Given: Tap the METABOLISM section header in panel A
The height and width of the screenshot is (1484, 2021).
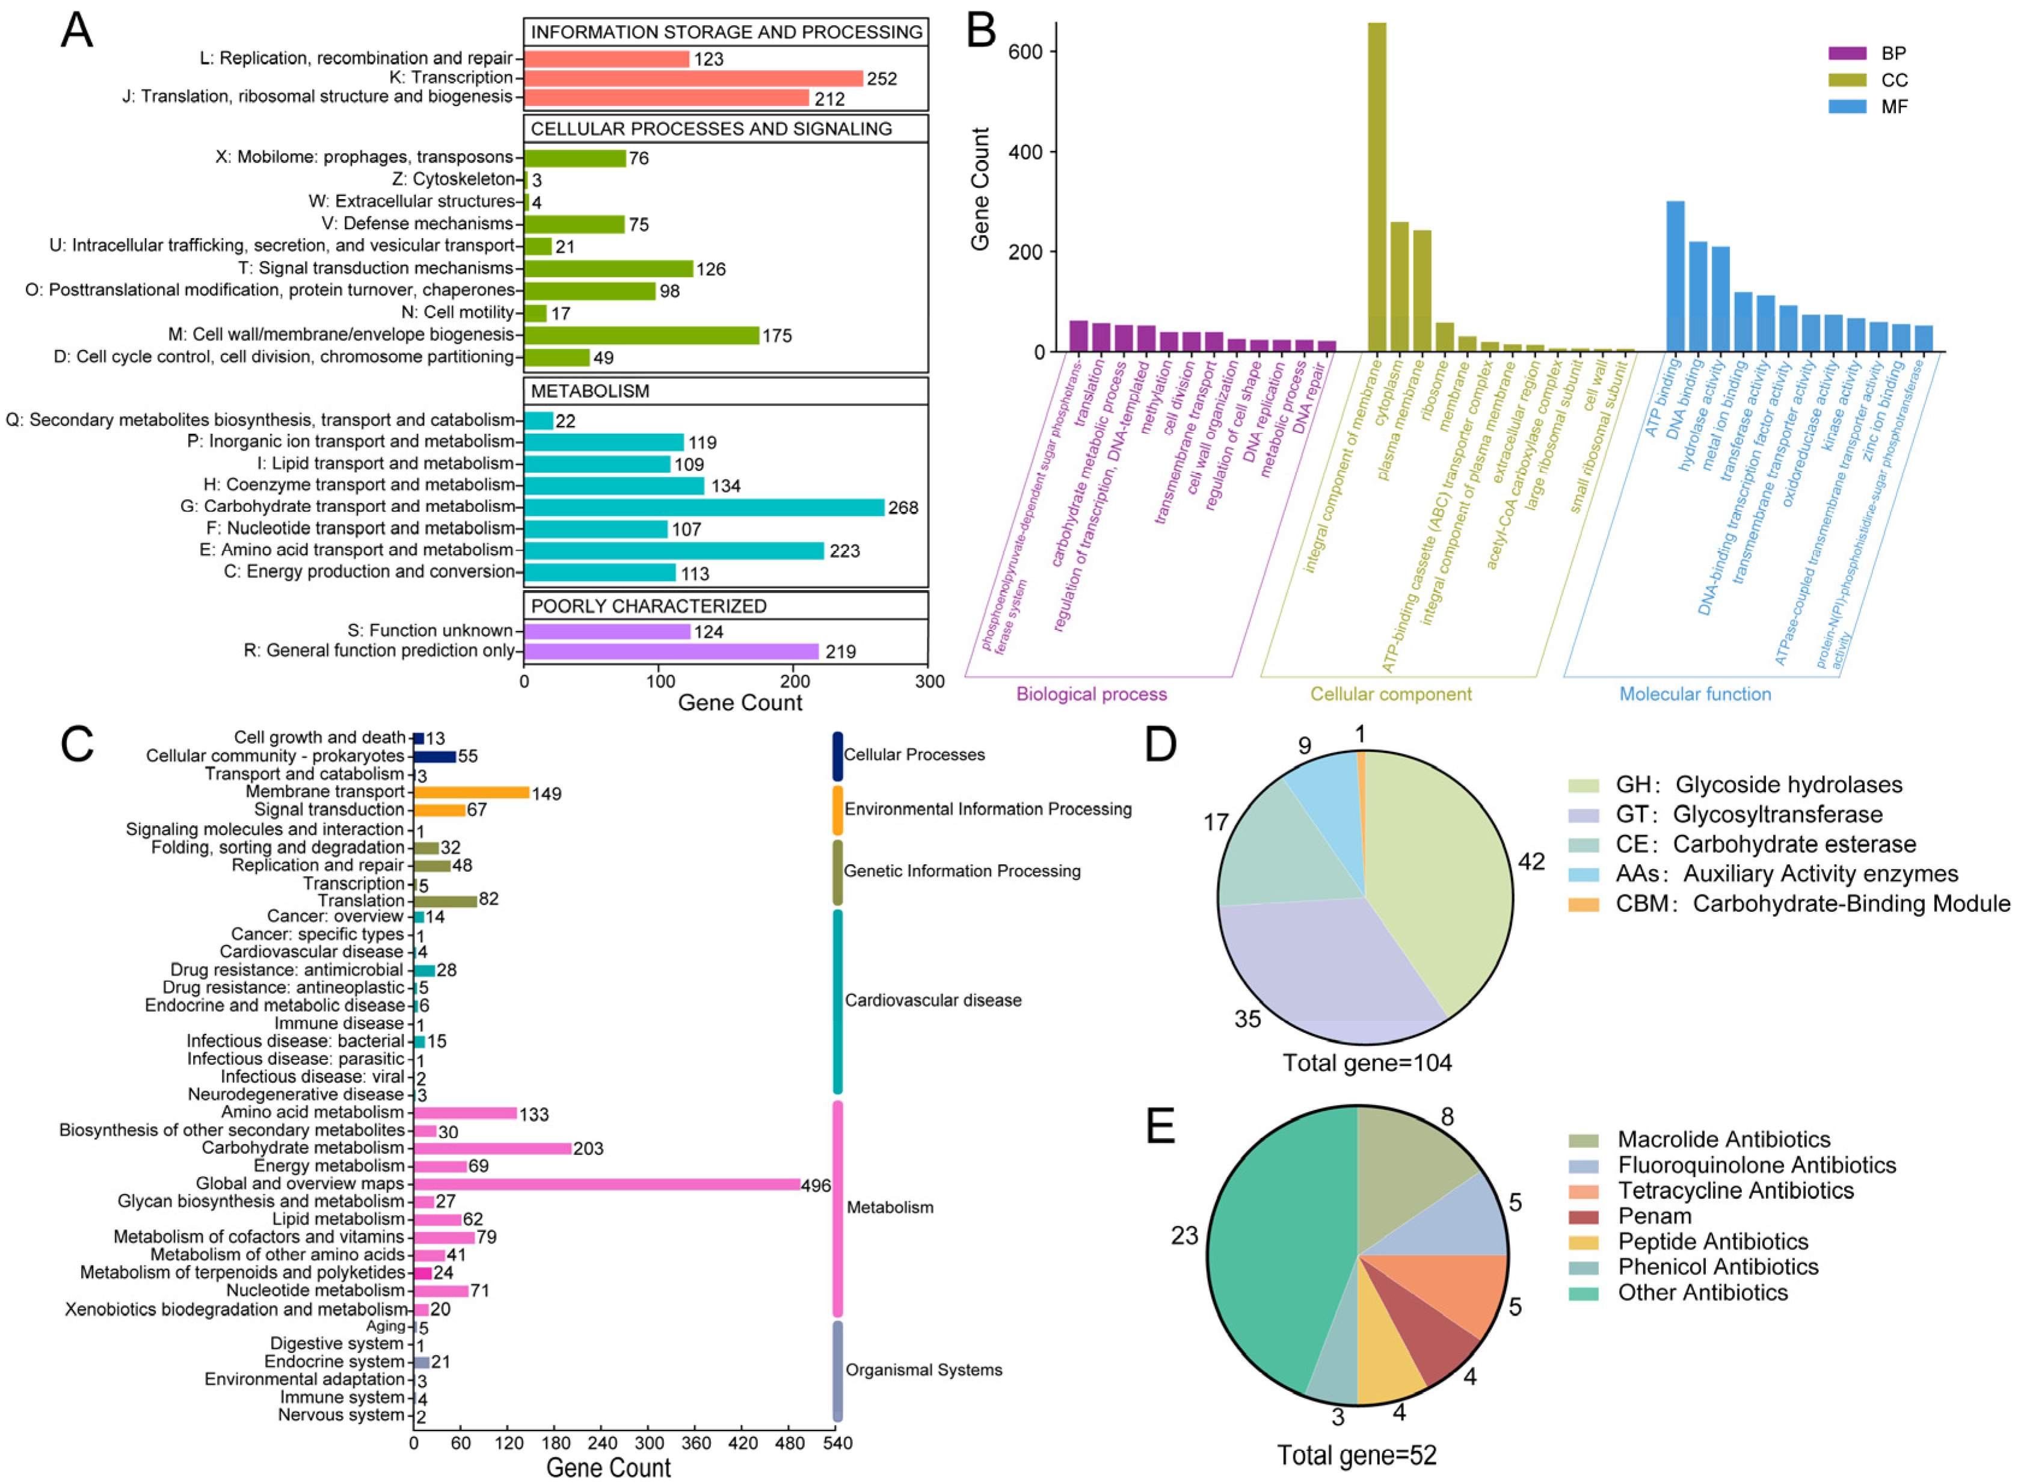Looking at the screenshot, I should point(589,391).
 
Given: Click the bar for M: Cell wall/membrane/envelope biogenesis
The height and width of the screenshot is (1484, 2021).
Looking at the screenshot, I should point(641,335).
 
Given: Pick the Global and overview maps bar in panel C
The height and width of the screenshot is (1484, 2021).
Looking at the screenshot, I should point(606,1184).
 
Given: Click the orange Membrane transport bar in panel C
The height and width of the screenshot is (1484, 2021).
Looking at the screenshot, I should point(471,792).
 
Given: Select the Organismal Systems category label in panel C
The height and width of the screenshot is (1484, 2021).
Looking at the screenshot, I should point(923,1369).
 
